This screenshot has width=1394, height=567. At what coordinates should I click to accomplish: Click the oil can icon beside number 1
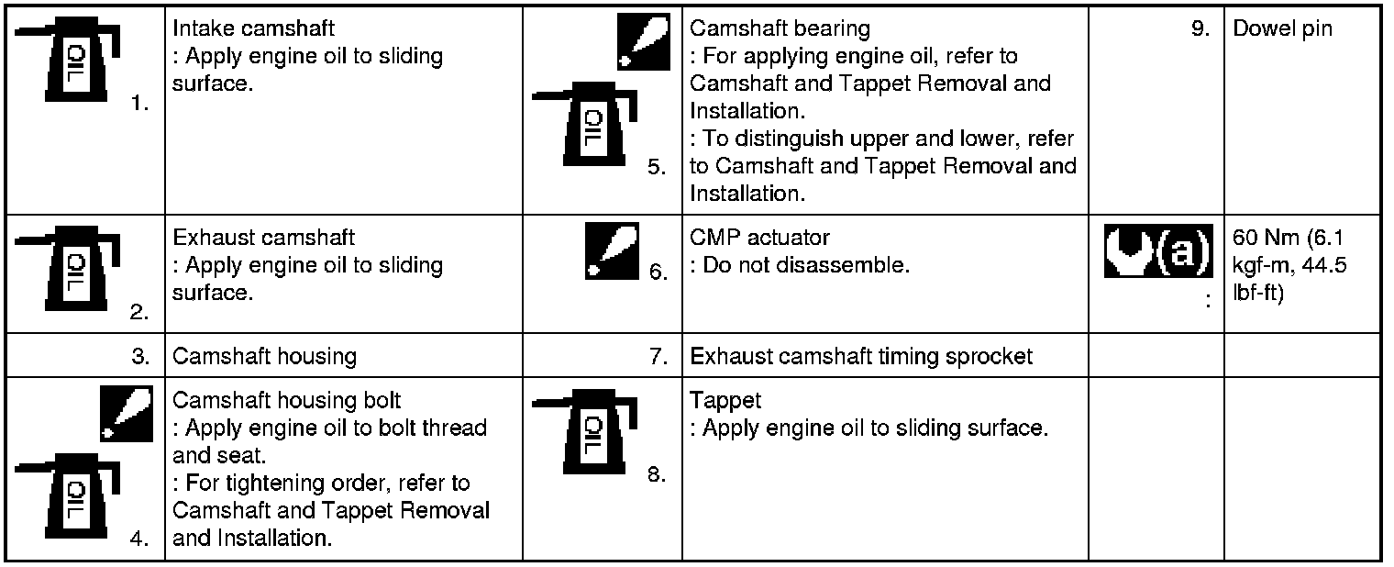coord(67,59)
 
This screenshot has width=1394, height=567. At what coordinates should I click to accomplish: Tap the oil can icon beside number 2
coord(67,268)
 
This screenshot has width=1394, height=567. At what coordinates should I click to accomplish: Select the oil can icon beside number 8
coord(585,431)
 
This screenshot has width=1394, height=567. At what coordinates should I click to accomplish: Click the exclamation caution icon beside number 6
coord(612,250)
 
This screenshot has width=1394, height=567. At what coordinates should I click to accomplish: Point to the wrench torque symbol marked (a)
coord(1158,250)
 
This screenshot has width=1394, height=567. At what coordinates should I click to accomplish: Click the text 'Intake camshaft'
coord(253,28)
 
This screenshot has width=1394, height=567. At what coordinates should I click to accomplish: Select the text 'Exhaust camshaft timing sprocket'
coord(861,357)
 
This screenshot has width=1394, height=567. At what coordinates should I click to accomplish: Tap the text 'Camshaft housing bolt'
coord(286,400)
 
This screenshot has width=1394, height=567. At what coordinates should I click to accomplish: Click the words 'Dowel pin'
coord(1282,28)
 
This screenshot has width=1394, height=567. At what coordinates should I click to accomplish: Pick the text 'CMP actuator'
coord(759,237)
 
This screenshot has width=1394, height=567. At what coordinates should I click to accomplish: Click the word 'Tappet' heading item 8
coord(725,401)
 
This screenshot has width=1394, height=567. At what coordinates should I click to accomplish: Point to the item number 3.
coord(140,357)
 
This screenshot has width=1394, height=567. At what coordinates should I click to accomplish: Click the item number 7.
coord(658,357)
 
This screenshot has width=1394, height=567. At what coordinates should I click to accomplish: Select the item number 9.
coord(1200,28)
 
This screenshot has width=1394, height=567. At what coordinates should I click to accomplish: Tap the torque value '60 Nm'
coord(1266,237)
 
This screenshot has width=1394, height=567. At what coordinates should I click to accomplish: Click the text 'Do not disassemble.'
coord(806,265)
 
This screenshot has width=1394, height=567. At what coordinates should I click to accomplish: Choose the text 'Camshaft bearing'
coord(780,28)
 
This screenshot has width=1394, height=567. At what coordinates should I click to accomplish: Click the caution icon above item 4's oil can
coord(127,414)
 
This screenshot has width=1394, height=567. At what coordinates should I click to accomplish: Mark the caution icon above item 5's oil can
coord(644,41)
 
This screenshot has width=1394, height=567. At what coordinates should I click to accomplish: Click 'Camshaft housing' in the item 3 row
coord(264,357)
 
